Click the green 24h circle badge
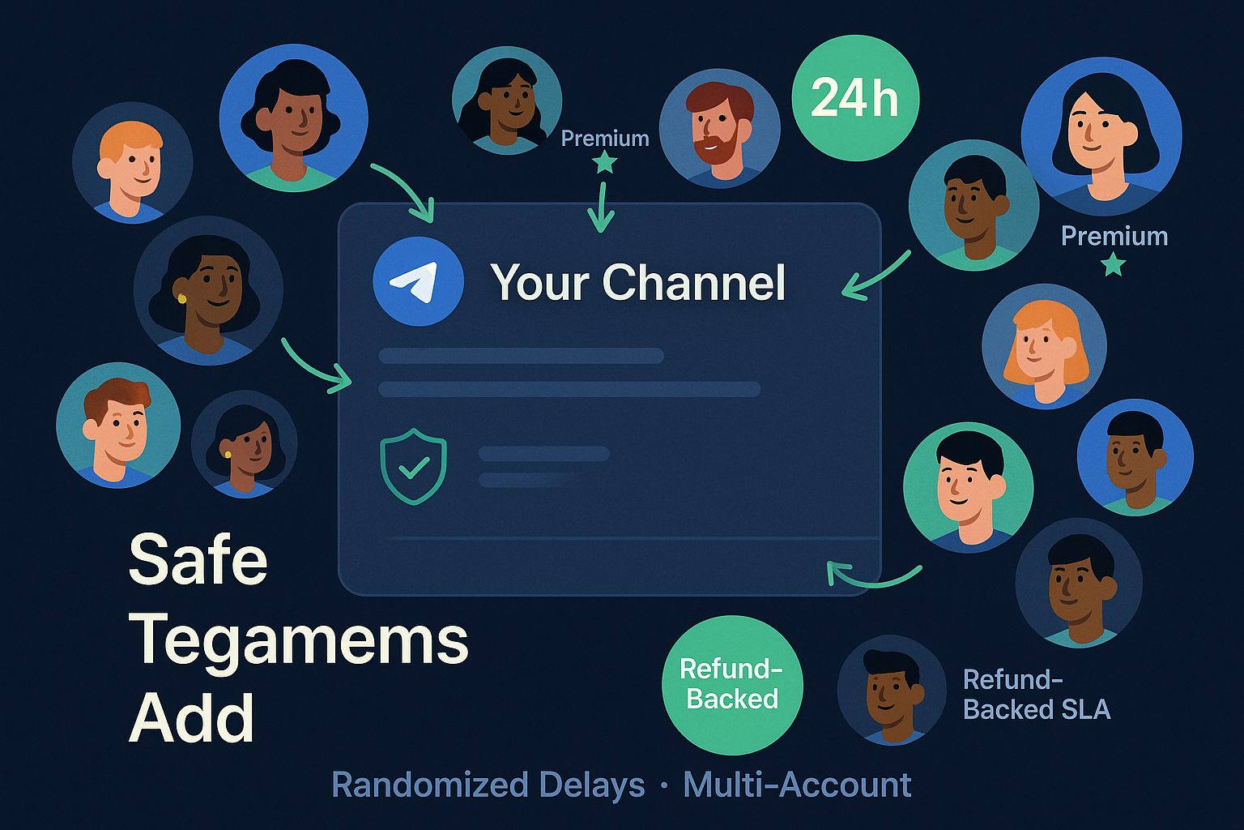[x=855, y=98]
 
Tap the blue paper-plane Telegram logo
[x=418, y=281]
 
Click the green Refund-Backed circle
[x=732, y=685]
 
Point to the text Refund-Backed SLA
[x=1036, y=695]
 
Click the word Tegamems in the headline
[x=298, y=640]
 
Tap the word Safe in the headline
[x=198, y=560]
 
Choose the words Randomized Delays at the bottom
[x=488, y=785]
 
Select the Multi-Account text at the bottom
[x=797, y=785]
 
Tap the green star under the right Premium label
[x=1114, y=263]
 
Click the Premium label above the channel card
[x=605, y=139]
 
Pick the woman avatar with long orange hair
[x=1044, y=347]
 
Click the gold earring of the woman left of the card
[x=182, y=298]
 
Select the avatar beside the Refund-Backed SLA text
[x=891, y=689]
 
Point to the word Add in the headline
[x=191, y=718]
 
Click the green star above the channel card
[x=604, y=162]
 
